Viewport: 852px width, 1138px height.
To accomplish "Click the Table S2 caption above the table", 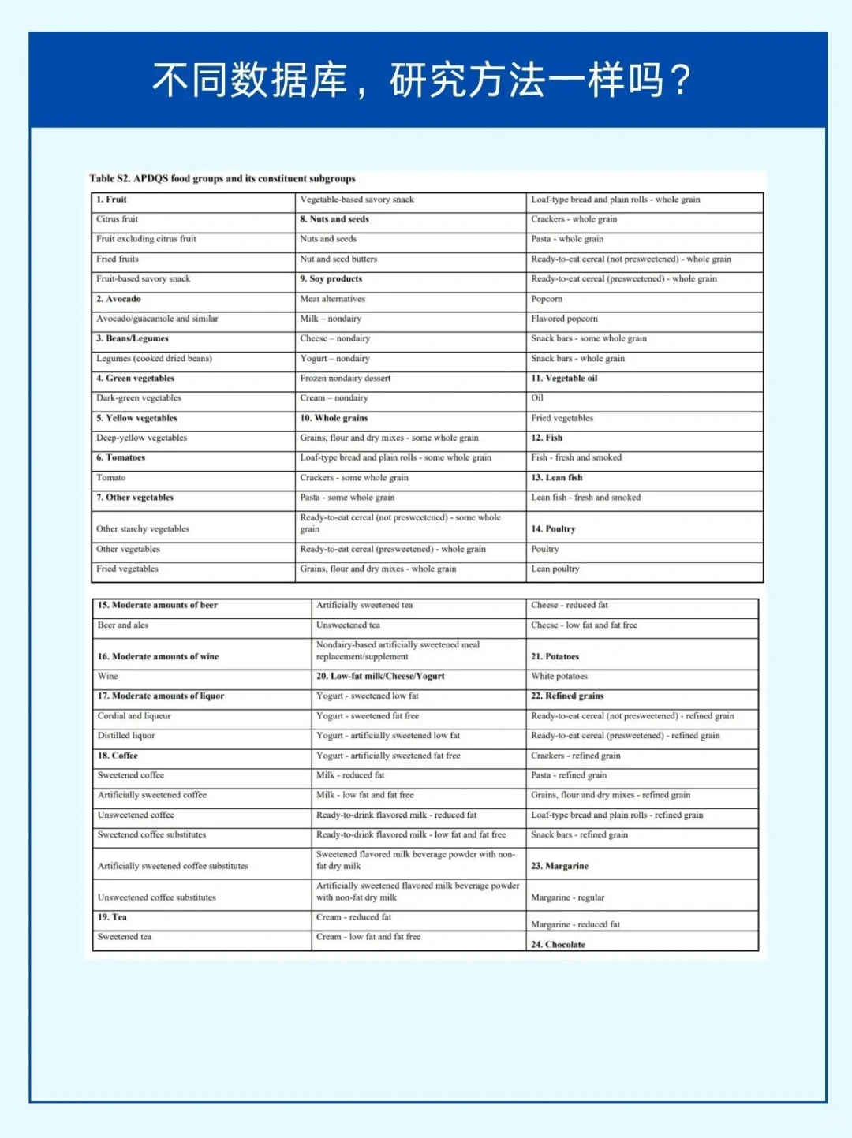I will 222,178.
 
